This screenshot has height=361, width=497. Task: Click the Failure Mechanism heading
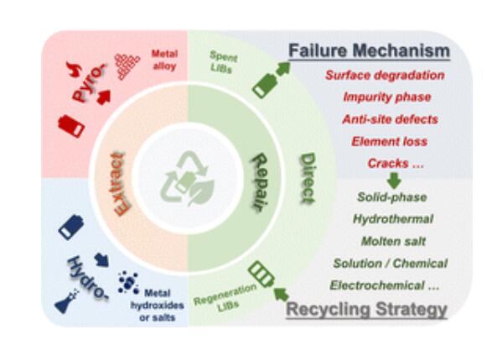(369, 51)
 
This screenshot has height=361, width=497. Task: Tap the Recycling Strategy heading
(367, 309)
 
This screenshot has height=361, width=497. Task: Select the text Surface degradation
(385, 76)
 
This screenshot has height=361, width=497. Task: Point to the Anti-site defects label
(391, 119)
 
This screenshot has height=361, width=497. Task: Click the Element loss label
(390, 141)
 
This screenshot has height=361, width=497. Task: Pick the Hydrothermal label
(393, 219)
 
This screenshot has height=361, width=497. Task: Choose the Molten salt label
(393, 241)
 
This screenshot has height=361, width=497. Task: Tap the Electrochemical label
(384, 285)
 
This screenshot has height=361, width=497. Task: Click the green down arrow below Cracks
(394, 180)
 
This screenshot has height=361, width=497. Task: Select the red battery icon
(71, 126)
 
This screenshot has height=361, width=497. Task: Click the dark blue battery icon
(71, 228)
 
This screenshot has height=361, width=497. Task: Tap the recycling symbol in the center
(188, 179)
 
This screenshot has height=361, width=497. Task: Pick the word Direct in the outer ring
(308, 179)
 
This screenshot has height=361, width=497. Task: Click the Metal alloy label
(164, 60)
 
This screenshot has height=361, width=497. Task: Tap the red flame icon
(74, 69)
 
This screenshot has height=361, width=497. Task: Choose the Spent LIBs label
(223, 62)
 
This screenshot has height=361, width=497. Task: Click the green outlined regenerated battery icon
(261, 275)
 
